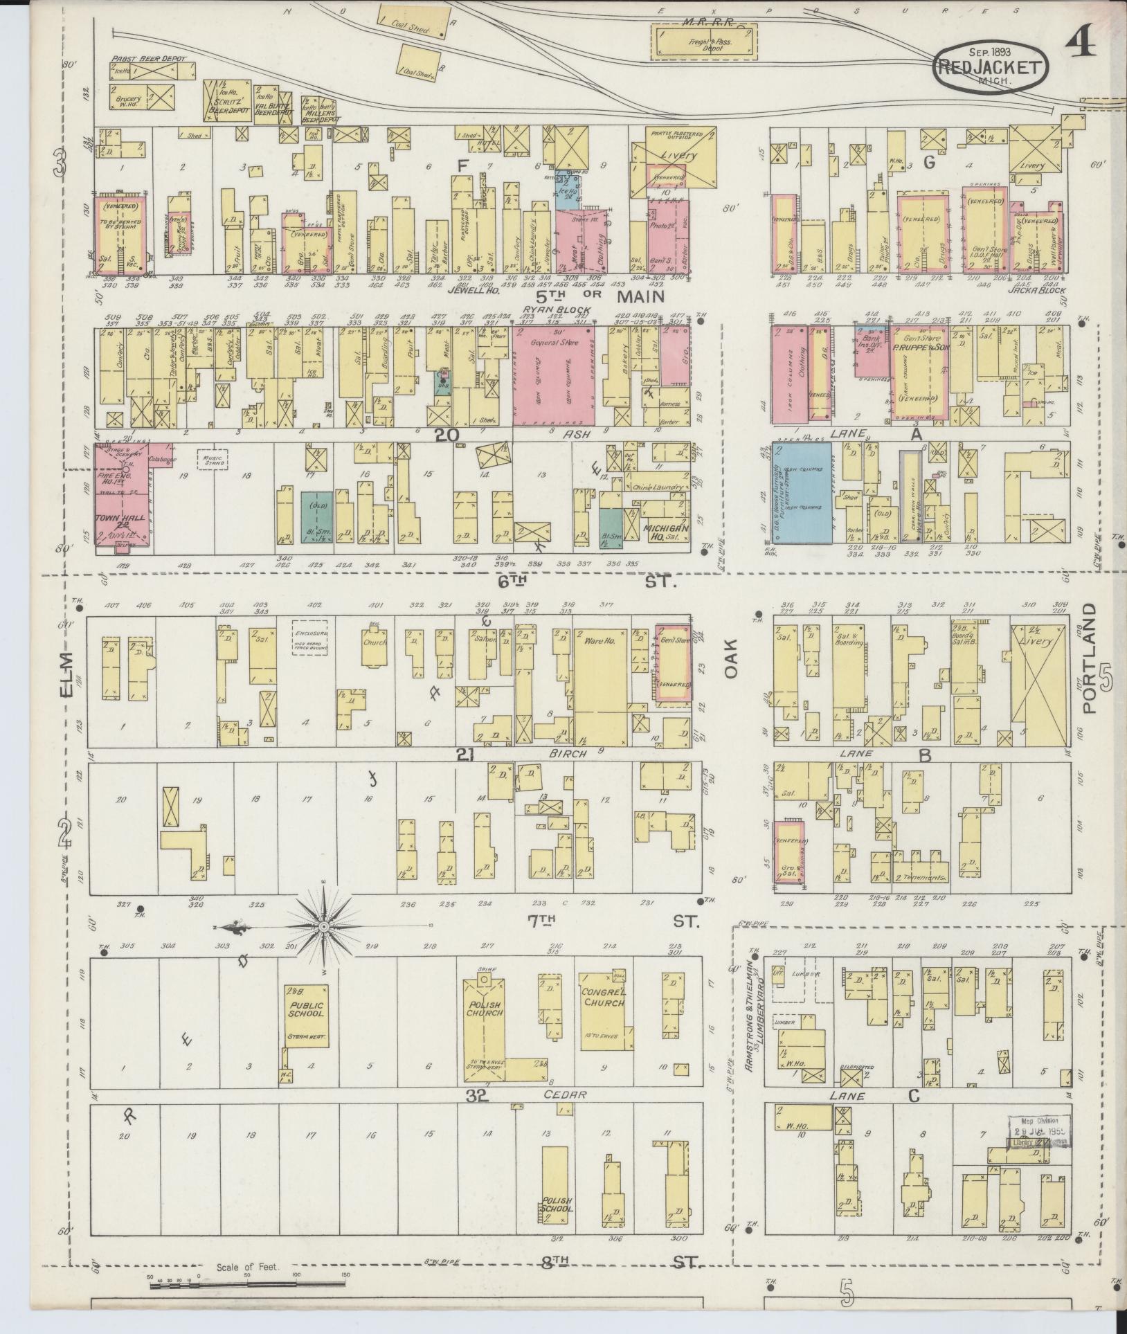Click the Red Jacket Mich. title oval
[990, 64]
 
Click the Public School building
[306, 1018]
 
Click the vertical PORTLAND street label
[1090, 657]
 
